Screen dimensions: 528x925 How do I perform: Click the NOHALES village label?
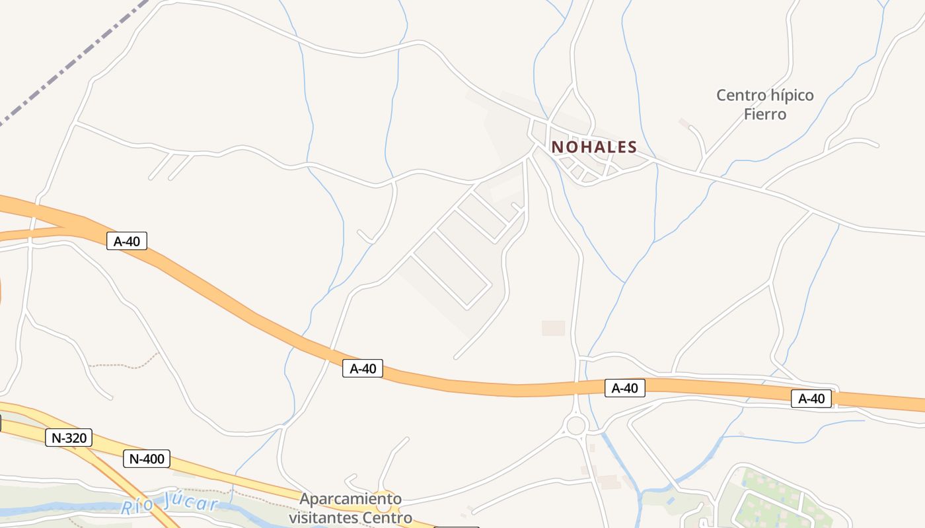pyautogui.click(x=594, y=147)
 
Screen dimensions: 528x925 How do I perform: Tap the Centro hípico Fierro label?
pyautogui.click(x=765, y=104)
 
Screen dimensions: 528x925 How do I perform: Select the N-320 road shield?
pyautogui.click(x=69, y=437)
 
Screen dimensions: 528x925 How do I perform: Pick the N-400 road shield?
pyautogui.click(x=147, y=458)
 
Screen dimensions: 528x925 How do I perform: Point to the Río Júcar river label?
pyautogui.click(x=170, y=505)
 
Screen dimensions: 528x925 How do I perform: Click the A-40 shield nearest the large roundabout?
pyautogui.click(x=624, y=388)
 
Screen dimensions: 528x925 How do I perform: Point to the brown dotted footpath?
pyautogui.click(x=126, y=364)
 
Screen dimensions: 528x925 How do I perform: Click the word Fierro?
pyautogui.click(x=765, y=114)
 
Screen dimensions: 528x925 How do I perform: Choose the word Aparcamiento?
pyautogui.click(x=350, y=498)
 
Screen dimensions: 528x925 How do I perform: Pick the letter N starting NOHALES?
pyautogui.click(x=557, y=147)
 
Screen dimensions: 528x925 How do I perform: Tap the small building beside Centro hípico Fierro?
pyautogui.click(x=684, y=122)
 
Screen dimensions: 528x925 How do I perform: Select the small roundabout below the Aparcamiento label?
pyautogui.click(x=384, y=507)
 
